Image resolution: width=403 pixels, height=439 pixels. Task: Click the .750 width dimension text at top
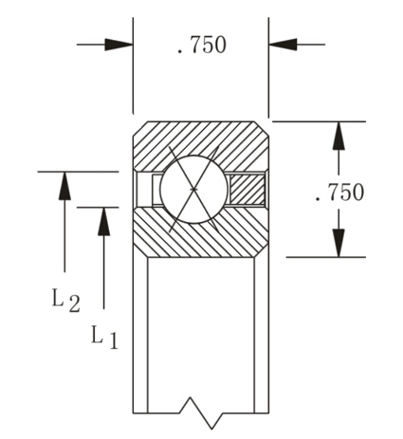(x=201, y=45)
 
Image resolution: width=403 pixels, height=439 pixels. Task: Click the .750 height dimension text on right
(x=338, y=192)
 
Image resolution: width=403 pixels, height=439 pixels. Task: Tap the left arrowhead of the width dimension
(x=119, y=44)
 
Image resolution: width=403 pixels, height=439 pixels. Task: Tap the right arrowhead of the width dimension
(x=284, y=44)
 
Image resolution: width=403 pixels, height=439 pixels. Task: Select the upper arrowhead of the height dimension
(x=337, y=136)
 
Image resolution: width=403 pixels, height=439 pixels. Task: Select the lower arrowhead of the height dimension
(x=337, y=243)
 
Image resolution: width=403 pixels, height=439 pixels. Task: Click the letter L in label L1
(x=97, y=334)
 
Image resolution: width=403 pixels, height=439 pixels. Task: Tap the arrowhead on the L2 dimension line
(x=64, y=185)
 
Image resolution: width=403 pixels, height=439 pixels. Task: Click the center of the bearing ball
(x=193, y=188)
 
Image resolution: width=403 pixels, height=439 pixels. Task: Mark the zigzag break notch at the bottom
(x=200, y=408)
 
